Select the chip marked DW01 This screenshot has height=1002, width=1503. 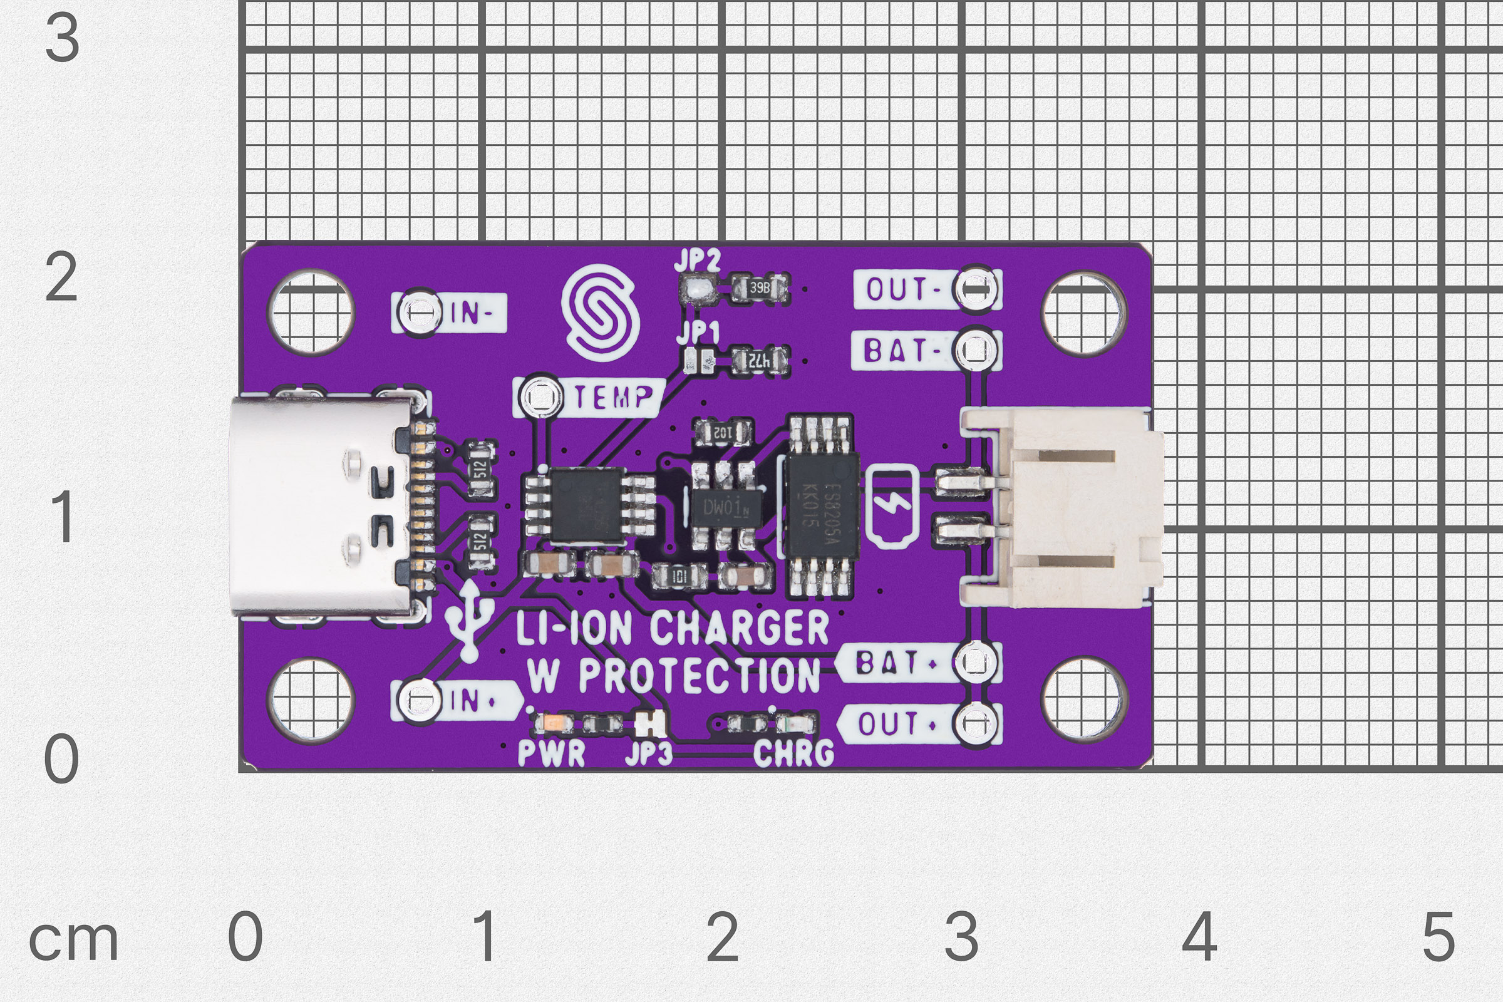(724, 508)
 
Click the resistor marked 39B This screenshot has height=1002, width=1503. (760, 288)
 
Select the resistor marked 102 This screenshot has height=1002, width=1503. (723, 433)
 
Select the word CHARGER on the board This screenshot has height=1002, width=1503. (740, 628)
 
